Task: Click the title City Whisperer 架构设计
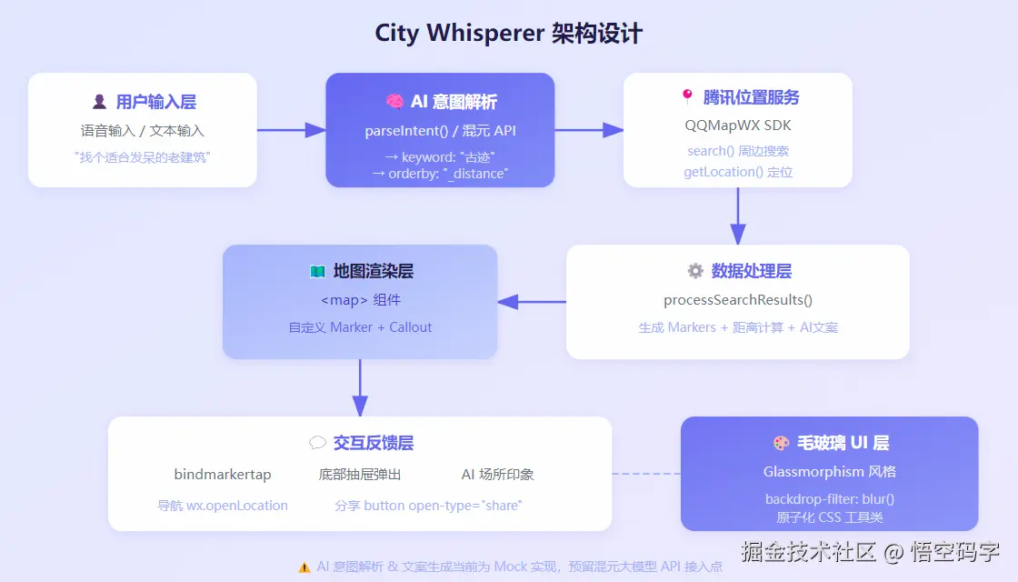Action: [x=509, y=34]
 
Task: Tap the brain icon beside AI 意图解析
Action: [x=394, y=102]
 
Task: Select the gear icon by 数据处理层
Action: [x=695, y=271]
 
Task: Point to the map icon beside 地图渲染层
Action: [x=317, y=271]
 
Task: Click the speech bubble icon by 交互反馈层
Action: [x=317, y=443]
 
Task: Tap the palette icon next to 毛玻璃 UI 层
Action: [x=782, y=443]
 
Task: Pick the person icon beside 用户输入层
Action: [x=99, y=102]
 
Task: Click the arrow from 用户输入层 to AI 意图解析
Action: [x=291, y=130]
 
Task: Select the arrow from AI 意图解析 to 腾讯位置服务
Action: [x=589, y=130]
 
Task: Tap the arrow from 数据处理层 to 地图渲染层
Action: [x=532, y=302]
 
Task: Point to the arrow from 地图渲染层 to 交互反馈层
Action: [x=360, y=388]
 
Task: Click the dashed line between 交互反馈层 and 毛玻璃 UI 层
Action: [x=646, y=474]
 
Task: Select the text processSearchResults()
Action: [x=738, y=300]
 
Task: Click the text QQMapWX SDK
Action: [x=738, y=125]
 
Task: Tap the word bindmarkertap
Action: [x=223, y=475]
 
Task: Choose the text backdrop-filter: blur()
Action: [x=830, y=499]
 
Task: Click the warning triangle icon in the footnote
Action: [x=304, y=567]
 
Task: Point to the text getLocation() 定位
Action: [x=738, y=172]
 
